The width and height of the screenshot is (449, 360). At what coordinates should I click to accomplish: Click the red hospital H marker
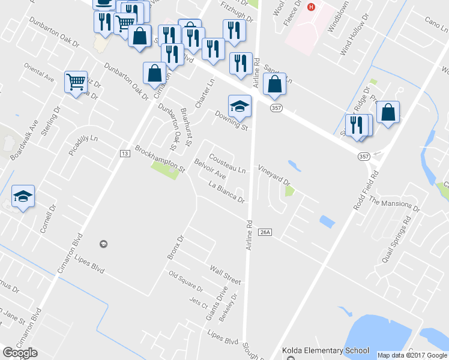pyautogui.click(x=311, y=7)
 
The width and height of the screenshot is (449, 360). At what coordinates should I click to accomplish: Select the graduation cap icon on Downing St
pyautogui.click(x=240, y=106)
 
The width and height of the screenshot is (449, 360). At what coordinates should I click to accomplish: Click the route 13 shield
pyautogui.click(x=125, y=154)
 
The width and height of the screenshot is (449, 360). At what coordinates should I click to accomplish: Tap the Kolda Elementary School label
pyautogui.click(x=325, y=350)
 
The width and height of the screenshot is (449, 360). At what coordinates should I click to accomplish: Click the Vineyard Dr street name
pyautogui.click(x=274, y=175)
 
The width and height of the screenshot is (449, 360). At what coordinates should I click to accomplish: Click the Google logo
pyautogui.click(x=20, y=353)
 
